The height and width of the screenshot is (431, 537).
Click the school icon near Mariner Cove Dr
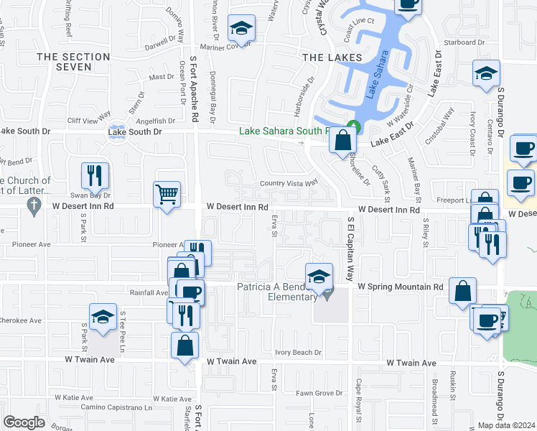coord(241,29)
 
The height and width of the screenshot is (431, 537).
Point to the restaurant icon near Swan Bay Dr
coord(95,175)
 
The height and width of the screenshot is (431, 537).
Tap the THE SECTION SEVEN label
coord(73,62)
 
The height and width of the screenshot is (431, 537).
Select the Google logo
coord(24,422)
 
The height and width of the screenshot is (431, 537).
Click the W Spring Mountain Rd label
coord(400,287)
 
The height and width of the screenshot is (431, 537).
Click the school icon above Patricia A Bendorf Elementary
coord(319,275)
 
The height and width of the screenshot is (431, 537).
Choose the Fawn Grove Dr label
coord(319,393)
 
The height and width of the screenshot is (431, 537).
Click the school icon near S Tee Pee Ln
coord(103,318)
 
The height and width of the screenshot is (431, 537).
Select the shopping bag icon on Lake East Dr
coord(342,141)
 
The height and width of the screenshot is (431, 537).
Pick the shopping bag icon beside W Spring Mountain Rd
coord(464,292)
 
